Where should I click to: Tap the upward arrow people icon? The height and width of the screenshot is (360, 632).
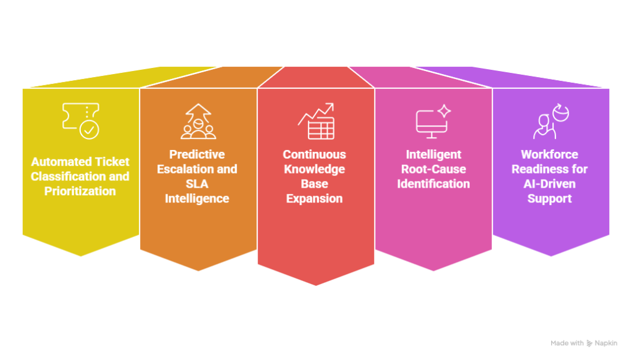click(x=198, y=121)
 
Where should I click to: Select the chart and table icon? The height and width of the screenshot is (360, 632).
click(x=316, y=121)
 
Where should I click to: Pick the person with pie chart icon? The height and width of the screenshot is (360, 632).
click(x=551, y=121)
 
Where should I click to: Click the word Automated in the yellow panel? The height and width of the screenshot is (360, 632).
click(x=57, y=162)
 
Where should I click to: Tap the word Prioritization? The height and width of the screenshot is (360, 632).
click(x=80, y=191)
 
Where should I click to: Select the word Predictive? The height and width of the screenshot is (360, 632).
click(x=198, y=154)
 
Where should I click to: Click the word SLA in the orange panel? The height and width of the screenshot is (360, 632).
click(x=198, y=184)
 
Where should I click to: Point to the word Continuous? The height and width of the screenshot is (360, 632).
click(x=315, y=154)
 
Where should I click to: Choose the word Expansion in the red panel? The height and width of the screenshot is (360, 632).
click(x=315, y=199)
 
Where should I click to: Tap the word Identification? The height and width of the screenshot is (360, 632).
click(x=433, y=184)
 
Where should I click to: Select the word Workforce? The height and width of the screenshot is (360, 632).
click(x=550, y=154)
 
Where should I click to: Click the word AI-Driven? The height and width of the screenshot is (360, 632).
click(x=550, y=184)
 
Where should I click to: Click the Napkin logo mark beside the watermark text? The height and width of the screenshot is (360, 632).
click(x=589, y=343)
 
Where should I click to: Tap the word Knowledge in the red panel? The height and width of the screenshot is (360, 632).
click(x=315, y=169)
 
